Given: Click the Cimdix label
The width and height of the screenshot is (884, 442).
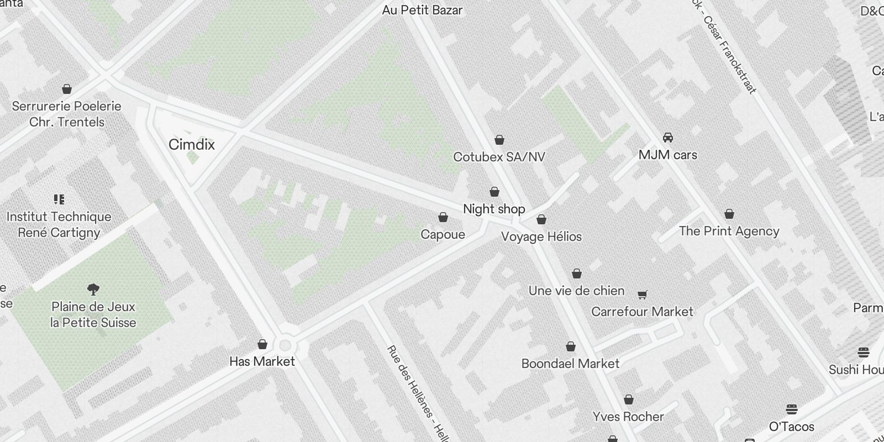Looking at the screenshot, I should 191,145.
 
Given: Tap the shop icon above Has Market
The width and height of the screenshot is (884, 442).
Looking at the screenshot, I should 262,344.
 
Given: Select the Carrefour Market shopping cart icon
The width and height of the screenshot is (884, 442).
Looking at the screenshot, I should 642,294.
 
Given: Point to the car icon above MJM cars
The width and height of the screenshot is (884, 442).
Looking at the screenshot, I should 668,138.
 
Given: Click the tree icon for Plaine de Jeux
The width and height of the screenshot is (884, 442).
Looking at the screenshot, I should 93,289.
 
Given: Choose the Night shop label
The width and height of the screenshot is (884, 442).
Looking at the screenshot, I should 494,209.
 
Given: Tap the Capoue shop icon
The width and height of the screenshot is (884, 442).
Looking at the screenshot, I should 443,218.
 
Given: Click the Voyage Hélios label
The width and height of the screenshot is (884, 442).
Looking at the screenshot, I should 541,236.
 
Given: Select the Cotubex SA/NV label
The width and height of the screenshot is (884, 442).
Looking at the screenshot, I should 499,157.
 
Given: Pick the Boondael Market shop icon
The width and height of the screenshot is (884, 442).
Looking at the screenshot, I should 571,346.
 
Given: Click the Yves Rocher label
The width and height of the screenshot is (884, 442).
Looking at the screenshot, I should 628,417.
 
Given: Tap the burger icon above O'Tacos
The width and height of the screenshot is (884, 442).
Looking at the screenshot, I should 792,409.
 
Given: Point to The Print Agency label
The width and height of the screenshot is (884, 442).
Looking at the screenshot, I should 729,231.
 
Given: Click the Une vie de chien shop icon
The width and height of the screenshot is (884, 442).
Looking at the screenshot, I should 577,273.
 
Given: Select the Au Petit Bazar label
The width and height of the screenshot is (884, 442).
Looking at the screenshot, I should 422,10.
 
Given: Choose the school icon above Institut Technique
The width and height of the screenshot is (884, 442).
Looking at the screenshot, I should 59,199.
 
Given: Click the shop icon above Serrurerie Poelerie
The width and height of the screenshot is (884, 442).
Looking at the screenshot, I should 67,89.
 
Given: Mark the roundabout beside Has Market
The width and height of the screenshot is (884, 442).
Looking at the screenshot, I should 285,346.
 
